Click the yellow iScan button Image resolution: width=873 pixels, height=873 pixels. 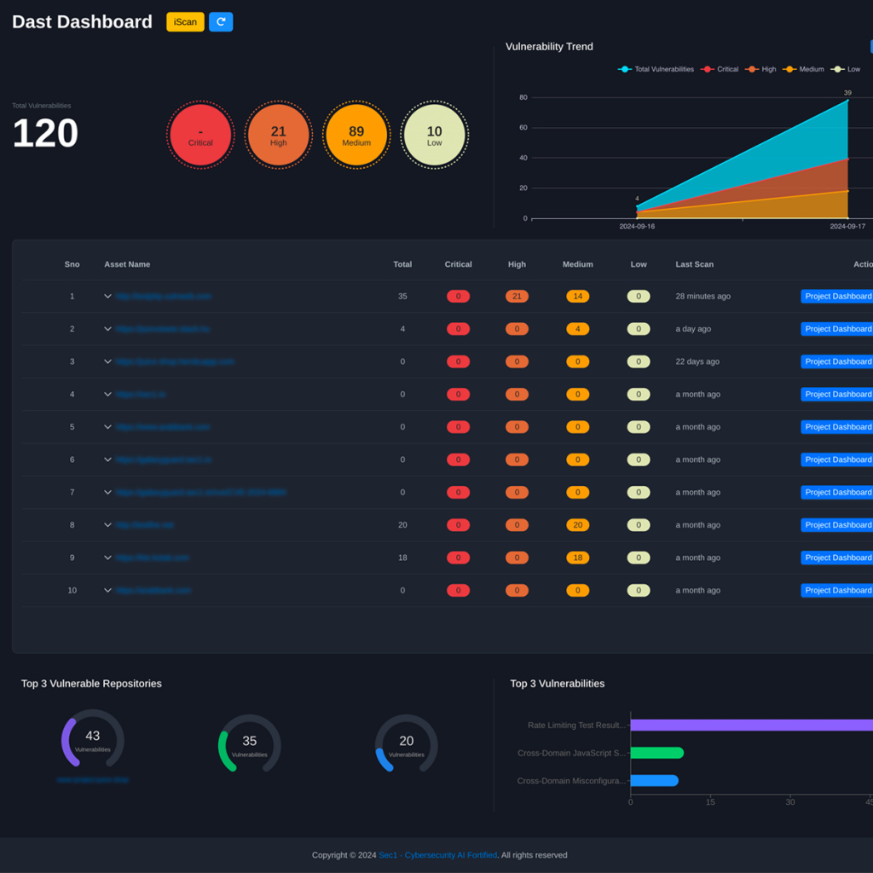(x=185, y=22)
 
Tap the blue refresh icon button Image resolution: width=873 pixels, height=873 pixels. (x=221, y=22)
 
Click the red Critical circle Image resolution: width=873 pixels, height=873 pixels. (x=200, y=135)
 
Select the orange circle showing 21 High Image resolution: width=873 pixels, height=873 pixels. (x=278, y=135)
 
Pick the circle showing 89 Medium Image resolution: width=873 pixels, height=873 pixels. (x=356, y=135)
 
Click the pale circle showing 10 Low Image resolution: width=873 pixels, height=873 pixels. (x=435, y=135)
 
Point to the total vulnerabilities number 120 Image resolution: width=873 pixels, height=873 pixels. (x=45, y=134)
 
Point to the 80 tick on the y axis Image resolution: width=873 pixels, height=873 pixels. (x=523, y=97)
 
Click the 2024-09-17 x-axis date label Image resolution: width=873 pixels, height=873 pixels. (x=847, y=227)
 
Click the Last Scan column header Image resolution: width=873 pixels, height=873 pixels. (x=694, y=264)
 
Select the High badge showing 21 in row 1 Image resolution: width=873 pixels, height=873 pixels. (x=517, y=297)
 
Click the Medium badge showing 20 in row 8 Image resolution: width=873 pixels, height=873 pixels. (x=577, y=525)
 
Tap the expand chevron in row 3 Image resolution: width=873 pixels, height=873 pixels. (x=108, y=361)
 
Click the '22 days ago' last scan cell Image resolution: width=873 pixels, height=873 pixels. (x=697, y=361)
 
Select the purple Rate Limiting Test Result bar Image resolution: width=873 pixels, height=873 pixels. (x=750, y=726)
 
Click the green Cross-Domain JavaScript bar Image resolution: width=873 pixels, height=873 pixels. (x=656, y=753)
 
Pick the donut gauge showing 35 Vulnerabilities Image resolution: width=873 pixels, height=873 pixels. (x=249, y=743)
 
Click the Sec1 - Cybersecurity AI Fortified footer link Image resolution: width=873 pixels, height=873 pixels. (x=437, y=855)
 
